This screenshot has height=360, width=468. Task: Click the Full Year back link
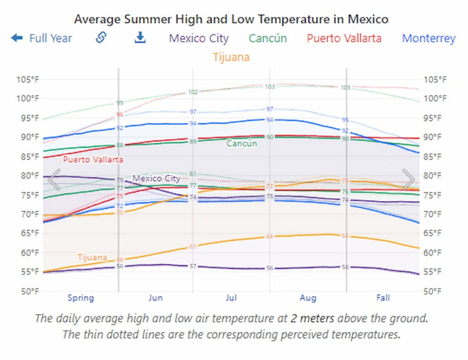click(x=42, y=38)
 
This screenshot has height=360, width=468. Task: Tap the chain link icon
click(x=101, y=37)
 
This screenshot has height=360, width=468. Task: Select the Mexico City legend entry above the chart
click(x=199, y=38)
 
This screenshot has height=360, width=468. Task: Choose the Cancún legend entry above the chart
click(x=268, y=38)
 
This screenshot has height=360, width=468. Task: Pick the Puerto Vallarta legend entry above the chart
click(x=344, y=38)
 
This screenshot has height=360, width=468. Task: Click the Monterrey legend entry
click(x=429, y=38)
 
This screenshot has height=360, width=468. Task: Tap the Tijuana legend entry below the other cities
click(x=231, y=57)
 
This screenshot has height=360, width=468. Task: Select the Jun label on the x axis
click(x=155, y=298)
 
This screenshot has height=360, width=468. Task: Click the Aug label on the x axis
click(x=308, y=298)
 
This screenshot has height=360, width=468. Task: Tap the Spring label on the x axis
click(x=80, y=298)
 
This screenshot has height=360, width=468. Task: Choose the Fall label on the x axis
click(x=383, y=298)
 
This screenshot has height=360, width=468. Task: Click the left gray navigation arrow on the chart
click(x=54, y=180)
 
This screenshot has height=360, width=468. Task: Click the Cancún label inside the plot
click(x=242, y=143)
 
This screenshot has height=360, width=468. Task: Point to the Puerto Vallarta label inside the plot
click(x=93, y=160)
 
